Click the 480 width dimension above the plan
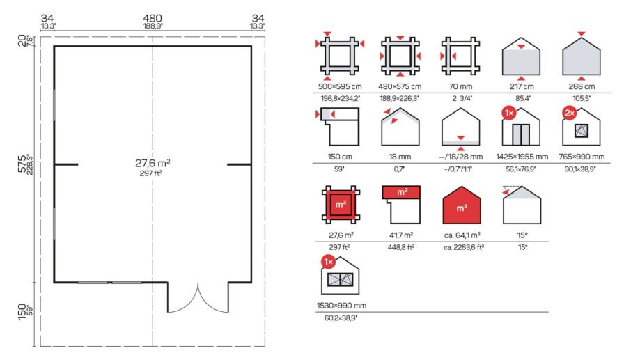click(x=153, y=18)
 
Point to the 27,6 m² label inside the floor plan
click(x=153, y=163)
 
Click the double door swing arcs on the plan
click(x=198, y=297)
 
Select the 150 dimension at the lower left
click(x=22, y=312)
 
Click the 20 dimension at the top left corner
click(x=22, y=41)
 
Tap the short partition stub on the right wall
click(x=239, y=164)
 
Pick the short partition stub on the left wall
click(x=65, y=164)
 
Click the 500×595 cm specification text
click(x=340, y=86)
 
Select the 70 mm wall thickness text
click(x=460, y=86)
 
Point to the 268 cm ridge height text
click(x=582, y=86)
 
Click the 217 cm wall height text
click(x=522, y=86)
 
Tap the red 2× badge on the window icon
click(x=570, y=113)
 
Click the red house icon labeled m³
click(x=461, y=205)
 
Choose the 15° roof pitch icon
click(x=522, y=205)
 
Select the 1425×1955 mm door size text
click(x=522, y=157)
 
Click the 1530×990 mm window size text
click(x=341, y=306)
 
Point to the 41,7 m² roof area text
click(x=401, y=235)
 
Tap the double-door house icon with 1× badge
click(x=521, y=127)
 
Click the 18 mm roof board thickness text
click(x=400, y=157)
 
